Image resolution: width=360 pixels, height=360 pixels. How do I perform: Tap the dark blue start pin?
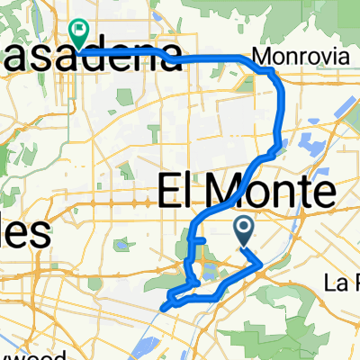(x=244, y=231)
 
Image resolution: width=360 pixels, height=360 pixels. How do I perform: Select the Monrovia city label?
(x=288, y=57)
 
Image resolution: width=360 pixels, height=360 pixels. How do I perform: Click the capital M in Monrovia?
(x=260, y=57)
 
